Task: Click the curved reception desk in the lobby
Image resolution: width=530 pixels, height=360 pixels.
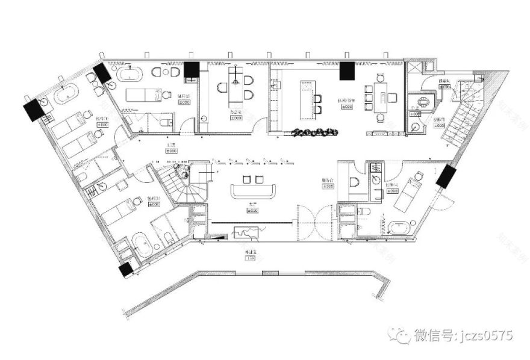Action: [x=254, y=192]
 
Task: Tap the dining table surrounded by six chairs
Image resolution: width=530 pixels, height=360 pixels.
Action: [x=380, y=96]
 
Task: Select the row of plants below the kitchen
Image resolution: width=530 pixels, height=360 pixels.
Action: [x=314, y=131]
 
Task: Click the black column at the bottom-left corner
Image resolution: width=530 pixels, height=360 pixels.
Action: [x=125, y=270]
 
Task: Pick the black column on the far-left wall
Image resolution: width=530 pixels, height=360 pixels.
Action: [x=31, y=110]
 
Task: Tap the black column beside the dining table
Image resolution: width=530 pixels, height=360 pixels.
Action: [x=347, y=71]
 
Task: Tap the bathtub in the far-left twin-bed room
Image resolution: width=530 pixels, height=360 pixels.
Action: [x=67, y=96]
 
